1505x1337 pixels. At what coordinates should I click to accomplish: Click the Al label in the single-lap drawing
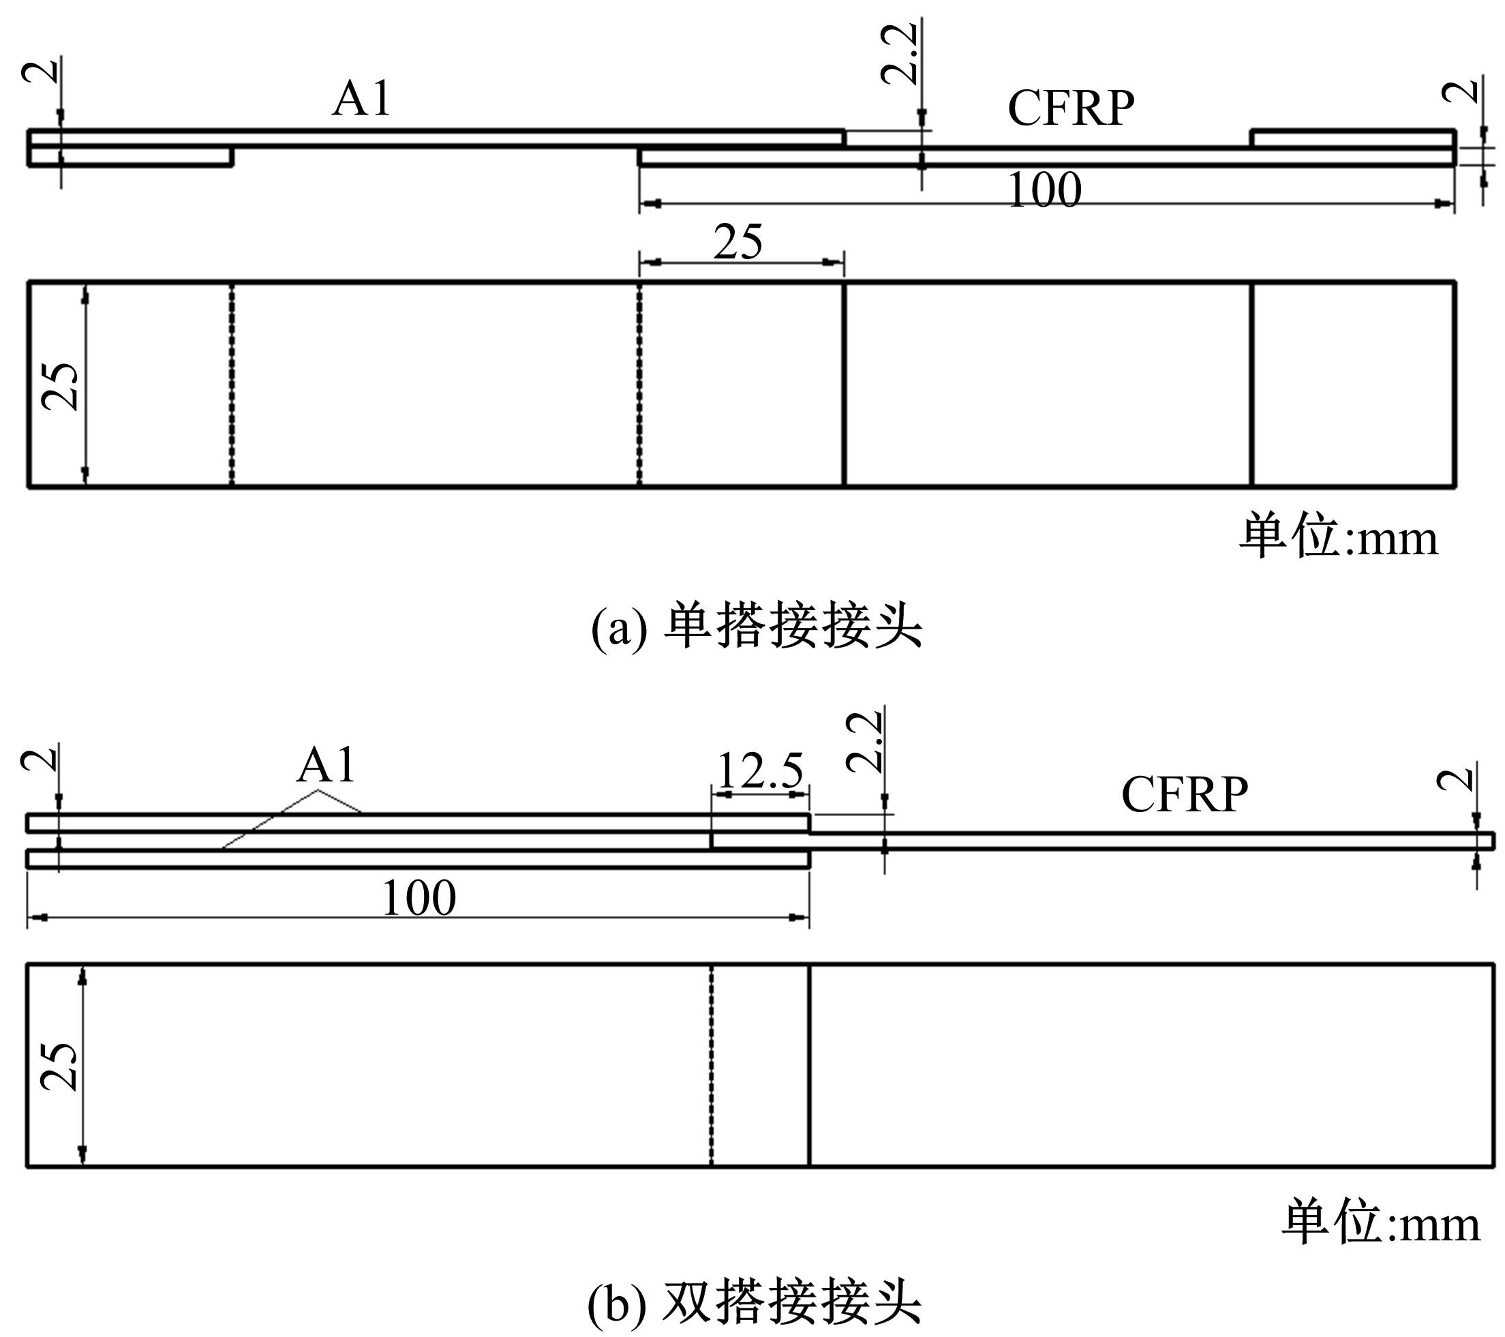coord(361,99)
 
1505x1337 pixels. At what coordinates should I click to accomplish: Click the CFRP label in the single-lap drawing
coord(1071,108)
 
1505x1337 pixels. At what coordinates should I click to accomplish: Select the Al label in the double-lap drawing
coord(326,766)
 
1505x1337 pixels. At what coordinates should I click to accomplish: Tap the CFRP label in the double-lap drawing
coord(1185,794)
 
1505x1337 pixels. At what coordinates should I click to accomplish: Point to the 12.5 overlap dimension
coord(759,771)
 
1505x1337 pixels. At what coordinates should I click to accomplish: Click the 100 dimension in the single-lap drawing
coord(1044,190)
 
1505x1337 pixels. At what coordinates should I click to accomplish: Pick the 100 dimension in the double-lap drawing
coord(419,898)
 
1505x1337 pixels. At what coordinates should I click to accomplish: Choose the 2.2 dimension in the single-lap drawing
coord(900,53)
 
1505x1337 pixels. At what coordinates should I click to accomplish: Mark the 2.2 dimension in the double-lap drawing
coord(864,741)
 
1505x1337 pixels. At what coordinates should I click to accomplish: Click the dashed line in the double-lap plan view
coord(712,1065)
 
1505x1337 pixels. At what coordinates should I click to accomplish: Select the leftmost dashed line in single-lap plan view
coord(231,384)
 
